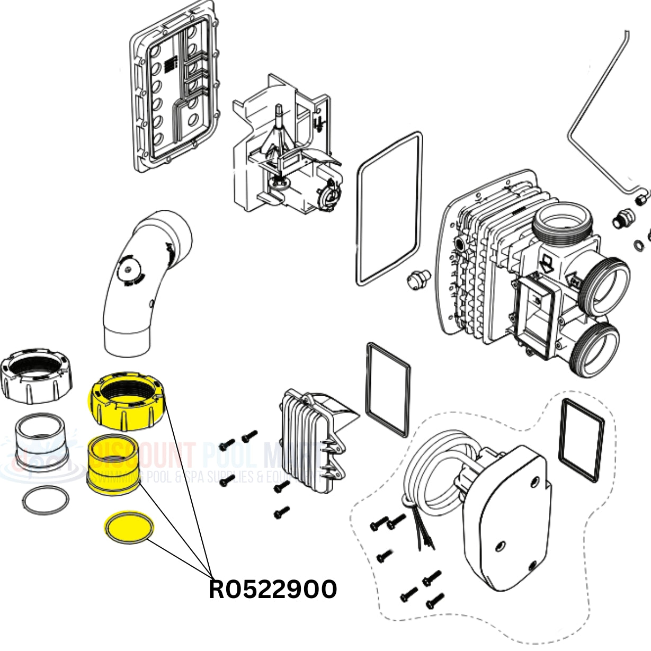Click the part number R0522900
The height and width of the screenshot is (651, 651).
[x=273, y=590]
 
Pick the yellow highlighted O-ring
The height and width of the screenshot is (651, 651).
[x=128, y=528]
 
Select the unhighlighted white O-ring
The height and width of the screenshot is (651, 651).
[x=46, y=500]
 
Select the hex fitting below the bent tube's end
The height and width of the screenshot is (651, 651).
[x=619, y=219]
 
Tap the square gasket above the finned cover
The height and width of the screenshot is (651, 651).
[x=388, y=389]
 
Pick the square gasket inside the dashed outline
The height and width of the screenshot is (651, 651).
[x=582, y=440]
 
